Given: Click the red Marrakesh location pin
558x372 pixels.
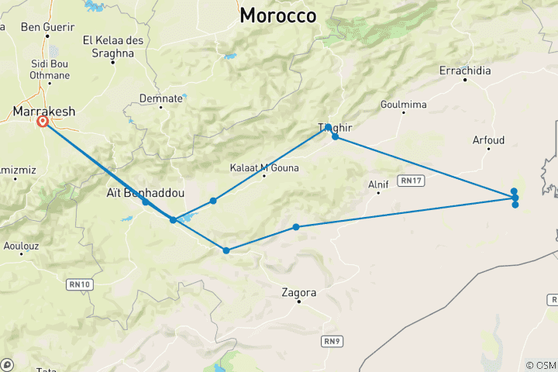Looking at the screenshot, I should (43, 122).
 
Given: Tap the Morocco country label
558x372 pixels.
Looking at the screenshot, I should (277, 15).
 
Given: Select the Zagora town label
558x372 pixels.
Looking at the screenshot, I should (299, 293).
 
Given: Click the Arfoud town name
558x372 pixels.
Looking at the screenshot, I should (488, 140).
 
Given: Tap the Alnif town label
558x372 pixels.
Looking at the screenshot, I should (378, 184).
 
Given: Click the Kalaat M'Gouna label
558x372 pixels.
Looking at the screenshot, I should (264, 167).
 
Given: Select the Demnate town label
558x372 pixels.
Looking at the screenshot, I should (161, 98).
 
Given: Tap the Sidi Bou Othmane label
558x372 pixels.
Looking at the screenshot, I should (50, 69).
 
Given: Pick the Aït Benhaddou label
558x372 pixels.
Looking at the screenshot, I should (144, 191).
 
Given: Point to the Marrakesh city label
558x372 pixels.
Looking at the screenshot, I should (44, 112).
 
